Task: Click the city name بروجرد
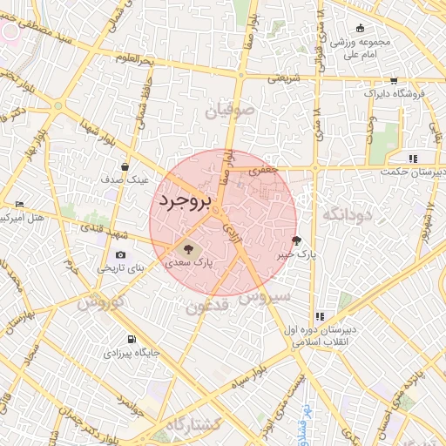point(186,201)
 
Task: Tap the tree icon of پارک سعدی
point(190,247)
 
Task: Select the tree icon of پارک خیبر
point(297,240)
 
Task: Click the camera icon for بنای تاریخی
point(120,254)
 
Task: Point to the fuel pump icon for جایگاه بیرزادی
point(132,339)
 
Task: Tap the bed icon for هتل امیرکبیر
point(20,204)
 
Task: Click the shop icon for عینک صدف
point(125,166)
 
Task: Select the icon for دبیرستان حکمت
point(413,159)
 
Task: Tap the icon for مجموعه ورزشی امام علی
point(361,29)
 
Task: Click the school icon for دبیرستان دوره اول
point(320,315)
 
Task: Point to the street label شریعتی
point(283,77)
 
